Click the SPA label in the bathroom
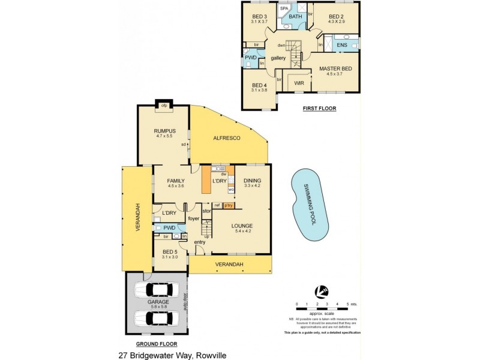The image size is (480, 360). (x=284, y=9)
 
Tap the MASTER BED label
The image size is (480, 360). (x=335, y=68)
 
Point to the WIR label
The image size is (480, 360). (x=299, y=83)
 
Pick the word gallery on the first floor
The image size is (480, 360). (x=278, y=58)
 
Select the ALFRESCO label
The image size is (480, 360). (x=227, y=138)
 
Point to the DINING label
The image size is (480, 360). (x=253, y=180)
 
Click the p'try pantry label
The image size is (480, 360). (x=228, y=206)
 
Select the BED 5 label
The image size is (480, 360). (x=169, y=251)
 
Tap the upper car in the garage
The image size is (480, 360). (x=155, y=290)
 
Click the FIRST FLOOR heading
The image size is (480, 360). (x=319, y=109)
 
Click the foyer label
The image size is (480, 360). (x=193, y=218)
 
